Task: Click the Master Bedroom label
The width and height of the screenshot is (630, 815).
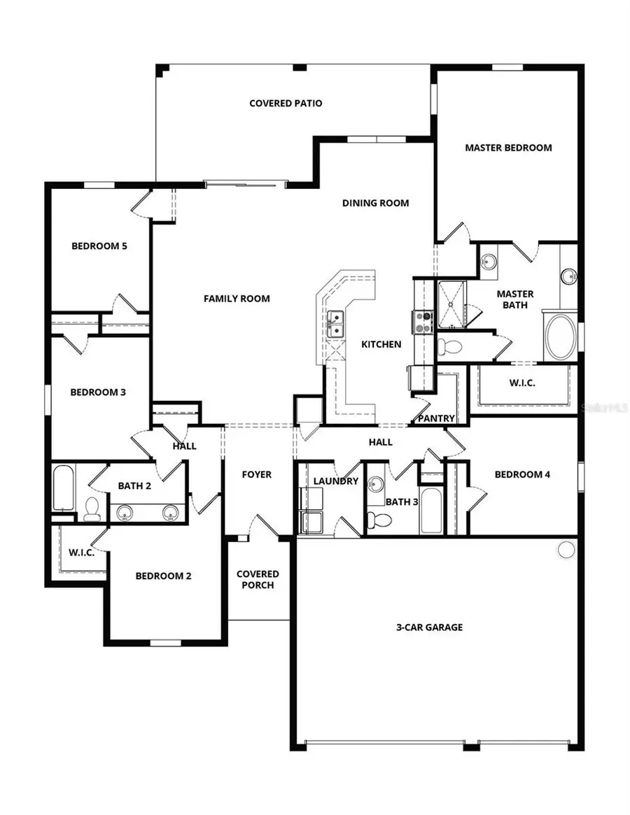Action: click(x=508, y=148)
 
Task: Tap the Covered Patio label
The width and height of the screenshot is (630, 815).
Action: click(x=286, y=104)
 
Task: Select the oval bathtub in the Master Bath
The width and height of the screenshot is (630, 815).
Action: click(x=561, y=338)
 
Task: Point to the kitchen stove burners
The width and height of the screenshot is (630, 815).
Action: click(x=424, y=321)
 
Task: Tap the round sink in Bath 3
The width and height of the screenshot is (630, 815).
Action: click(x=376, y=484)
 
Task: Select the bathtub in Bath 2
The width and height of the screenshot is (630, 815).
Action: click(x=63, y=488)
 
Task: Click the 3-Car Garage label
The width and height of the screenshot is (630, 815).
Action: click(x=430, y=628)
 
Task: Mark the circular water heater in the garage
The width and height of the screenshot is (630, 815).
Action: click(x=566, y=549)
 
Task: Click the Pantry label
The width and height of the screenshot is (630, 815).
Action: click(x=436, y=418)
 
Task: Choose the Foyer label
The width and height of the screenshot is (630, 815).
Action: click(x=257, y=475)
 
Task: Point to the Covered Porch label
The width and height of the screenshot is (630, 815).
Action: click(x=258, y=579)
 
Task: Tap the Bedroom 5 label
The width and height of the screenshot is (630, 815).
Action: click(x=99, y=246)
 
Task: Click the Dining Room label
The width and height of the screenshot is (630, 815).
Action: click(x=375, y=204)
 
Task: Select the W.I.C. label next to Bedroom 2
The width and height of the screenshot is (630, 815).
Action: click(x=82, y=552)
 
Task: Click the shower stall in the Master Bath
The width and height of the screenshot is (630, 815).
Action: click(x=451, y=304)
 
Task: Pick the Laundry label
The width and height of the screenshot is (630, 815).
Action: click(x=336, y=481)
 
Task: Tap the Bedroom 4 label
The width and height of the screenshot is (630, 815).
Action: click(x=522, y=474)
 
